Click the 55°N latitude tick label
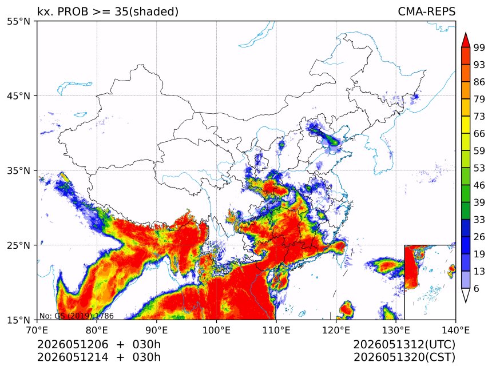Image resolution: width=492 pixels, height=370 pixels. click(x=18, y=21)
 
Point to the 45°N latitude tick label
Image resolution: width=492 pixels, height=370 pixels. click(x=18, y=96)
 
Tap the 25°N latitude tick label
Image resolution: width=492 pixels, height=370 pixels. click(x=18, y=245)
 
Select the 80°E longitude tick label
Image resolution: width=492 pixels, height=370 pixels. click(x=97, y=330)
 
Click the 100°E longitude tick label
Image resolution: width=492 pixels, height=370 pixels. click(x=216, y=330)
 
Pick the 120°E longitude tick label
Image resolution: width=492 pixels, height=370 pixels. click(x=336, y=330)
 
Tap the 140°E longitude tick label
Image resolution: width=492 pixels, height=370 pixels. click(x=455, y=330)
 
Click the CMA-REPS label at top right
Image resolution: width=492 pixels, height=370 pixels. click(x=426, y=11)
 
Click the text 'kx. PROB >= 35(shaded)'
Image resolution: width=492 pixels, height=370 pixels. click(x=108, y=11)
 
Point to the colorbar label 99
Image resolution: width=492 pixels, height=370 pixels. click(x=479, y=47)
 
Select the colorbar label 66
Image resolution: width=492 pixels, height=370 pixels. click(x=479, y=134)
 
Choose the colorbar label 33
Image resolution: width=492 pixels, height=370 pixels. click(x=479, y=220)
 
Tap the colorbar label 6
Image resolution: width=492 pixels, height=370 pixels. click(x=477, y=289)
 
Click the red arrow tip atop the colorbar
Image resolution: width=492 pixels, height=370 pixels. click(x=466, y=33)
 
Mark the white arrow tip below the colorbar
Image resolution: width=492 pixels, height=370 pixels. click(x=466, y=303)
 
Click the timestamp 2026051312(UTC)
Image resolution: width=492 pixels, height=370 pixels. click(x=404, y=344)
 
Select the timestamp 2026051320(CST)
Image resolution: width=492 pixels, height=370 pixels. click(x=404, y=357)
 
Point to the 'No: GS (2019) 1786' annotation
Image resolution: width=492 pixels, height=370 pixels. click(x=77, y=316)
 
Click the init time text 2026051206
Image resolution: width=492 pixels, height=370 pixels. click(x=73, y=344)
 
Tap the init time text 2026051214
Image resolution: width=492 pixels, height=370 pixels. click(x=73, y=357)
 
